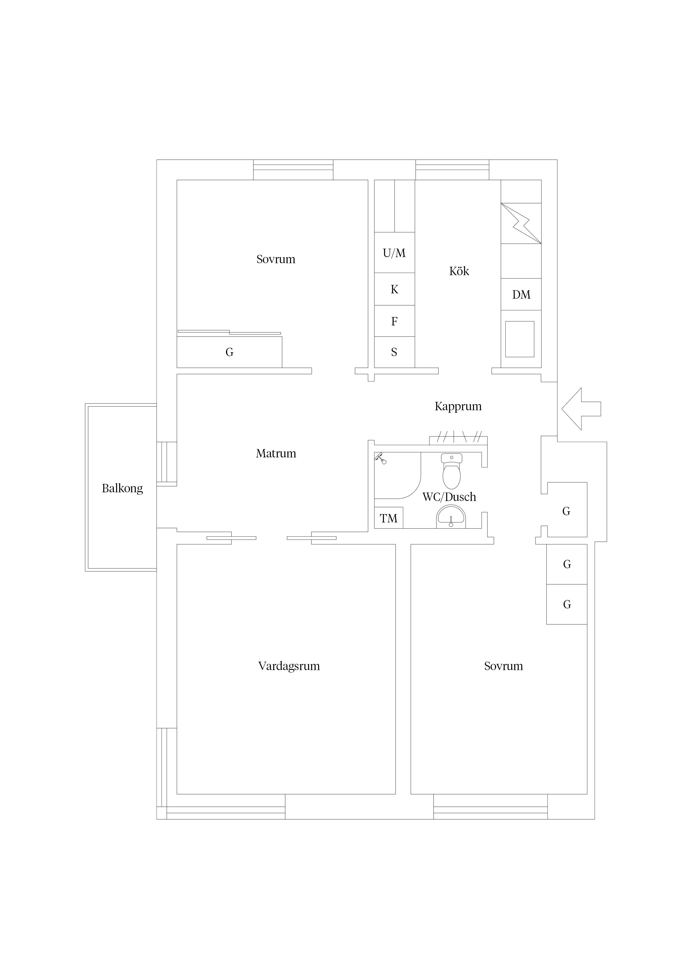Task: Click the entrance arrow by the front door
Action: click(x=581, y=409)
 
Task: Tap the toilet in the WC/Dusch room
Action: click(x=451, y=471)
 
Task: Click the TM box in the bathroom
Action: click(x=388, y=518)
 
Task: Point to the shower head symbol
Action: click(x=380, y=458)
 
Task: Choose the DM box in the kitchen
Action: click(x=521, y=294)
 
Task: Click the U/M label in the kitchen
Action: click(x=394, y=253)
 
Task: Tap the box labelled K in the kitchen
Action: click(x=394, y=289)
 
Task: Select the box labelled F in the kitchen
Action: click(x=394, y=321)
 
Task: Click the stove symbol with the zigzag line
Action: click(x=521, y=224)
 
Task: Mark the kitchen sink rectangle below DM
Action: click(x=520, y=339)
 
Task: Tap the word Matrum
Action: click(x=276, y=453)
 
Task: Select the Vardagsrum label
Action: click(x=289, y=666)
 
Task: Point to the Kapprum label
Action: click(x=458, y=406)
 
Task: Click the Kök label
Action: click(x=459, y=271)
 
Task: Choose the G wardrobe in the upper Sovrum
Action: click(x=229, y=352)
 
